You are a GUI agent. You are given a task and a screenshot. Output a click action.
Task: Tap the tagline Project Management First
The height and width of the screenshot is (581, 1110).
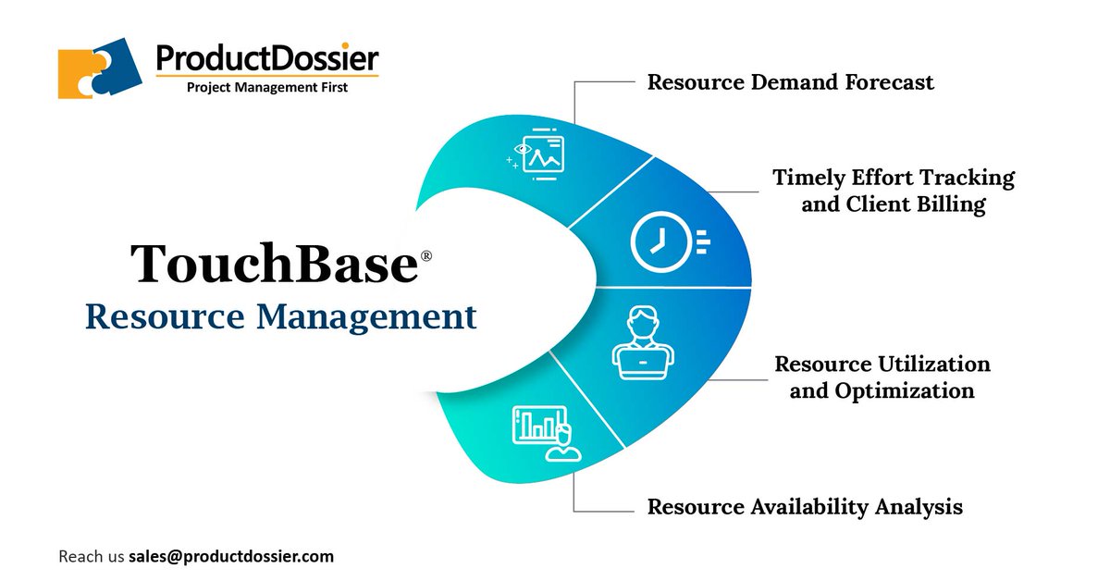(x=267, y=88)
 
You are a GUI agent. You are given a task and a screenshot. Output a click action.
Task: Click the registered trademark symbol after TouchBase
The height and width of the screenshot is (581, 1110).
(x=426, y=254)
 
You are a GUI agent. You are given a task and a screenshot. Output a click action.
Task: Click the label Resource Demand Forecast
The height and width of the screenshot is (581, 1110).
(x=790, y=82)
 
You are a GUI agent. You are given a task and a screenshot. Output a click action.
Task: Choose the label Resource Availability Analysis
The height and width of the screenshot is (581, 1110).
(x=805, y=507)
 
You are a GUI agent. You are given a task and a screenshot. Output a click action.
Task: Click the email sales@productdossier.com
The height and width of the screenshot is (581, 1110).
(x=231, y=557)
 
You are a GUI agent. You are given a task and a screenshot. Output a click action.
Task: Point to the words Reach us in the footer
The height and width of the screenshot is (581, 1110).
(x=91, y=557)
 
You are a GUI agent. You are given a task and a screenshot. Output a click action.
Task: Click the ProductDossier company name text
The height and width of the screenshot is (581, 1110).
(x=267, y=58)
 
